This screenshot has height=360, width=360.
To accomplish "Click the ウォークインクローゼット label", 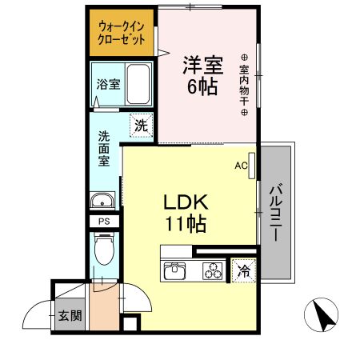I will click(x=122, y=33).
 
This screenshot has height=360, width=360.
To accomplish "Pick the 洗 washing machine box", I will click(x=141, y=125).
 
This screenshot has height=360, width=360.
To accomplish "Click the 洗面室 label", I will click(x=104, y=148).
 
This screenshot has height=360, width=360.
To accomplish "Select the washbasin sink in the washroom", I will click(x=102, y=202).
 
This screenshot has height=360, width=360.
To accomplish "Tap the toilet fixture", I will click(x=103, y=249).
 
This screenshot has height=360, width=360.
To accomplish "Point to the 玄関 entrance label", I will click(x=70, y=315).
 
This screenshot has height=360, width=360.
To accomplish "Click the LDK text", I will click(x=186, y=202).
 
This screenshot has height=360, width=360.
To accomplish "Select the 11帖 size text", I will click(x=186, y=225).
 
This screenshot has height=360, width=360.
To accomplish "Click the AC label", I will click(x=240, y=166).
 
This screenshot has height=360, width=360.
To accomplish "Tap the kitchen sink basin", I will click(x=176, y=272).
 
